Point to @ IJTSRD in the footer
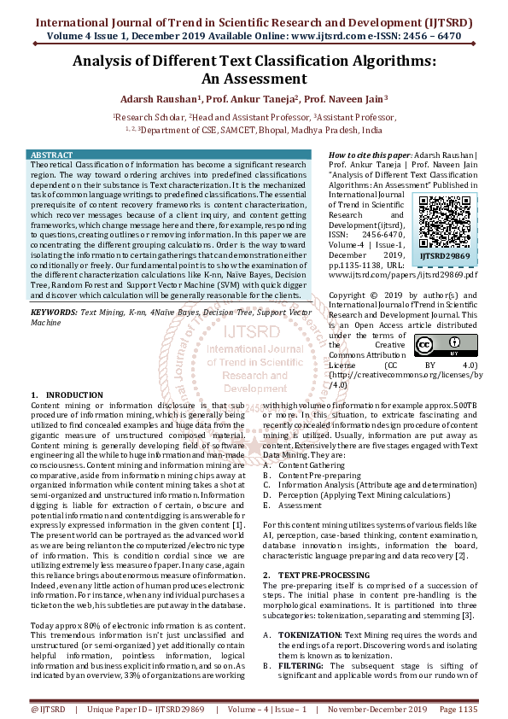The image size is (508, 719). (x=48, y=709)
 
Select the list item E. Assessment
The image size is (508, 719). (x=299, y=506)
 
